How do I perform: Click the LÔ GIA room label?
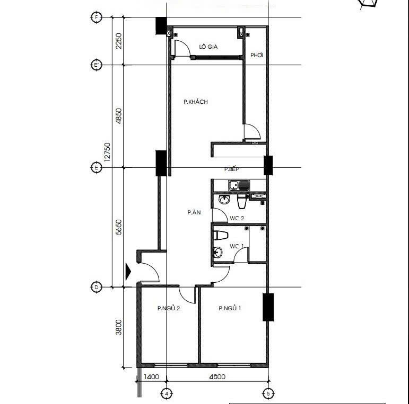click(208, 47)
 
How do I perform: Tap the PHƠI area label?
click(256, 55)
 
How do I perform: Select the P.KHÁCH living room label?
click(196, 102)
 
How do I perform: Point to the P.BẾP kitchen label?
click(232, 169)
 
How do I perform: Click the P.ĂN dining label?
click(194, 212)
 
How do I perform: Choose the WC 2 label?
click(237, 218)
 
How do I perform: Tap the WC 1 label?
click(237, 246)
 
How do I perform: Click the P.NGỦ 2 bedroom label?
click(169, 308)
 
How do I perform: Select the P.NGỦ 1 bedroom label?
click(230, 308)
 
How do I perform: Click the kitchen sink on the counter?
click(239, 185)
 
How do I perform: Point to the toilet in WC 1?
click(221, 235)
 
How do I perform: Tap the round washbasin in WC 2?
click(224, 200)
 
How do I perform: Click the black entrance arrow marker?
click(128, 272)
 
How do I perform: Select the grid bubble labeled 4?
click(167, 393)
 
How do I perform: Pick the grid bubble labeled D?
click(96, 288)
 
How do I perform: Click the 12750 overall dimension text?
click(107, 152)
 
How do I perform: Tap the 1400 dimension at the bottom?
click(151, 376)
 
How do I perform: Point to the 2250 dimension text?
click(119, 41)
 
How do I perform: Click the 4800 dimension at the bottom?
click(217, 376)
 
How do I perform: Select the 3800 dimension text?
click(119, 327)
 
